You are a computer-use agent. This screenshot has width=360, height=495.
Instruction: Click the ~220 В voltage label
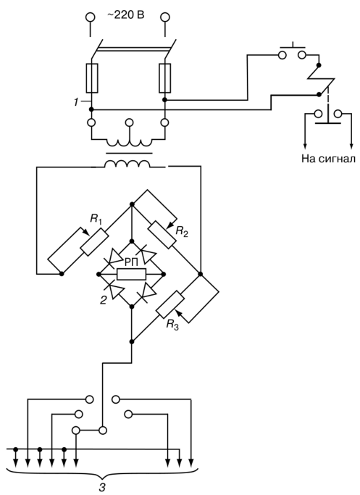coord(125,14)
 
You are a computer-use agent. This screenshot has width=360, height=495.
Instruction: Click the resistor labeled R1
coord(95,242)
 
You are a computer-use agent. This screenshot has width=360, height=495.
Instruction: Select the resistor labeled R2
coord(162,235)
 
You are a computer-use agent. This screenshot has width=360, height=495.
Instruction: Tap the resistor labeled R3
coord(170,304)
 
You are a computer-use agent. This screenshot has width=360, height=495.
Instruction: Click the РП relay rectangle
coord(131,274)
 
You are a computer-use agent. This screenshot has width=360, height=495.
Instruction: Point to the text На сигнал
coord(328,158)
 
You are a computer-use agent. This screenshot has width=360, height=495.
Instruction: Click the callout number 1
coord(76,102)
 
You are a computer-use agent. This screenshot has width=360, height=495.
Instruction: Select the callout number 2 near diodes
coord(103,300)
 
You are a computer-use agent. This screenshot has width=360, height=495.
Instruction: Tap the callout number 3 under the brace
coord(102,488)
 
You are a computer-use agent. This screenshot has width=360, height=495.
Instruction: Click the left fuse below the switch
coord(92,78)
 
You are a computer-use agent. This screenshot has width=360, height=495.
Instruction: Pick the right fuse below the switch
coord(165,78)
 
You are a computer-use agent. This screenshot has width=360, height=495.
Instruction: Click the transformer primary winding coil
coord(128,143)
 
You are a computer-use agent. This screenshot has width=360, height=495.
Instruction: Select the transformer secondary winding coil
coord(127,165)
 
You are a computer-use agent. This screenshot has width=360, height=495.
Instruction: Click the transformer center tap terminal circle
coord(129,122)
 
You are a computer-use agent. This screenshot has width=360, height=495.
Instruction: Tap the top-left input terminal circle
coord(91,17)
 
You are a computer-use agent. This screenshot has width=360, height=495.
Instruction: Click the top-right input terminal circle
coord(165,17)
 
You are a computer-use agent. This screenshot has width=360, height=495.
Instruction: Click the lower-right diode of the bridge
coord(148,291)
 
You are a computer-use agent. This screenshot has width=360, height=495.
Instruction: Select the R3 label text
coord(172,325)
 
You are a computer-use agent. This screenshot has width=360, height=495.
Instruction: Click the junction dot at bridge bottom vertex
coord(132,307)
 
